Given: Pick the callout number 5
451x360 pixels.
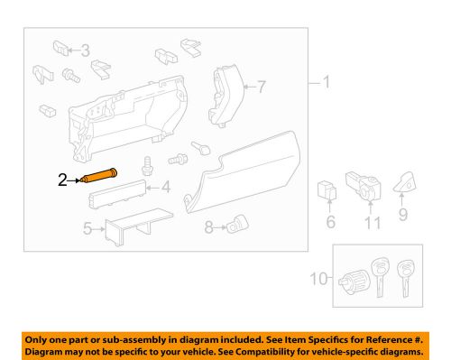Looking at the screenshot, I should (88, 229).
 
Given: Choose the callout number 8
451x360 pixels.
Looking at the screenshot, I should (207, 229).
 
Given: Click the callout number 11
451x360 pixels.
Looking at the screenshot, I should (370, 222).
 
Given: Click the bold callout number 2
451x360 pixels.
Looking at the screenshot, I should (62, 180).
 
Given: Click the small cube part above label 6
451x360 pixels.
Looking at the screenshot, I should (327, 191).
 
